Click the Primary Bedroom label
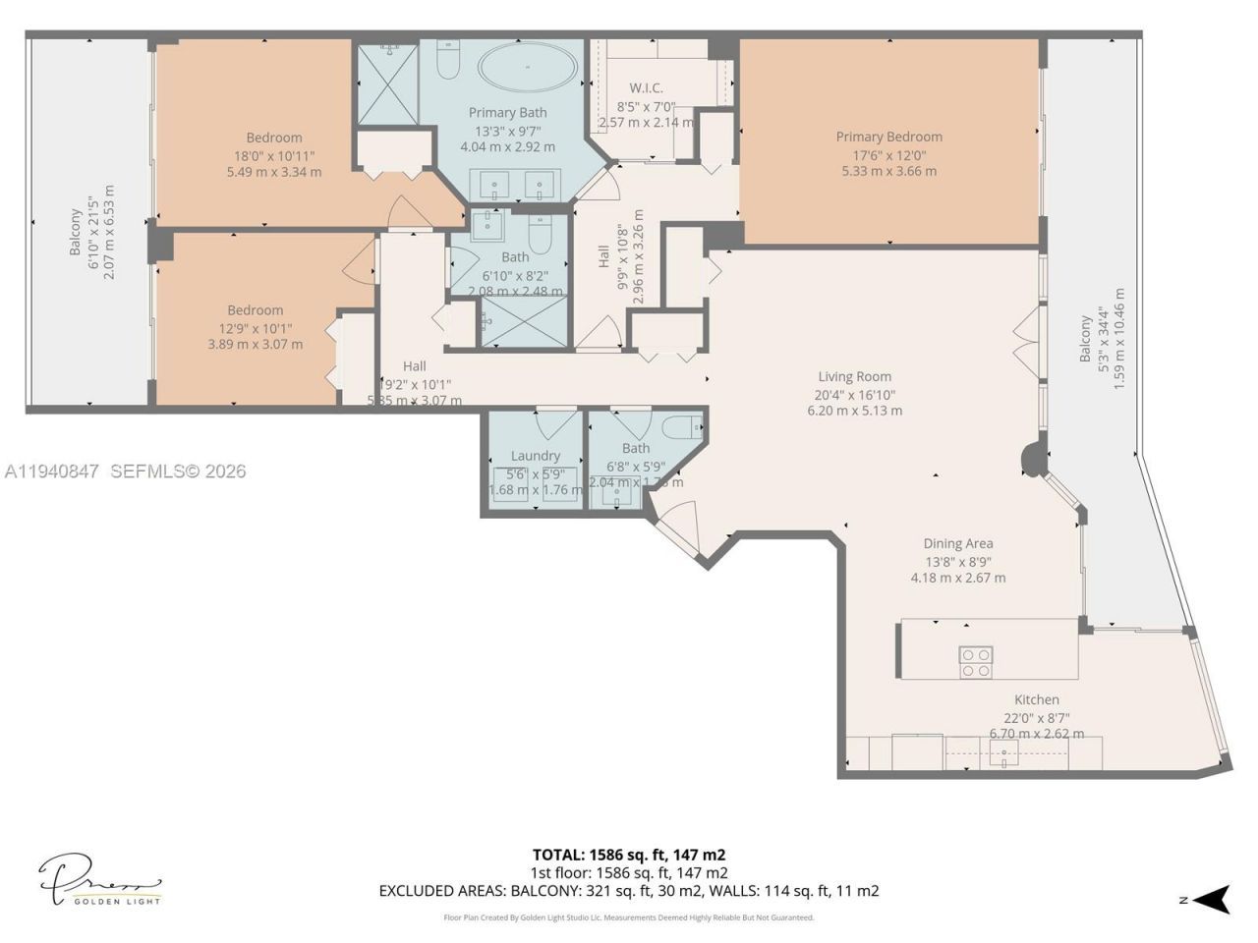coord(888,137)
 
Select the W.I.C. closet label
coord(646,88)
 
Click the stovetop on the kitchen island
coord(975,662)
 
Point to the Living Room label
coord(854,376)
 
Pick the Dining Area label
coord(957,543)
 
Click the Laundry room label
coord(536,456)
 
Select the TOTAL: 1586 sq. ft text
coord(629,855)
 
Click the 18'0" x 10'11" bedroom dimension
coord(274,155)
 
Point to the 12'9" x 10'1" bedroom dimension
coord(256,328)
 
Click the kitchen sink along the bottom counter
coord(1004,754)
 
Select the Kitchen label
coord(1037,699)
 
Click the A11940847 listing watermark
coord(51,471)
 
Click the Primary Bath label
coord(507,113)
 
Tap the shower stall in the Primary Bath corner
coord(386,83)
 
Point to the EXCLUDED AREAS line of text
coord(629,891)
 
